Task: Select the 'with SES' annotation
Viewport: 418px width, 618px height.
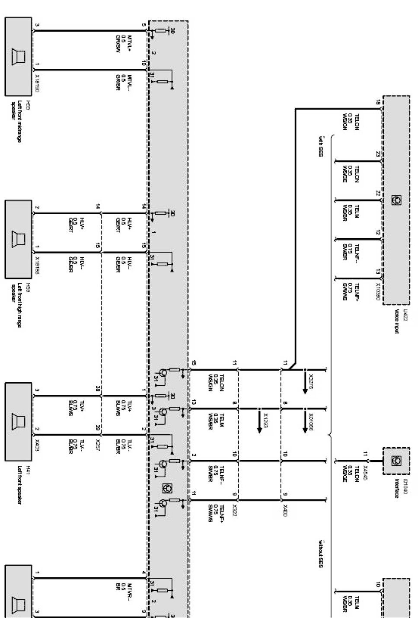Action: click(321, 146)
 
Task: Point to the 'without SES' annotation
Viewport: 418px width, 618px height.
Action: click(321, 554)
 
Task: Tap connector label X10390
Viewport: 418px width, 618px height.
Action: click(378, 292)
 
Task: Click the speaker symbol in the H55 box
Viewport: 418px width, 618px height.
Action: click(19, 56)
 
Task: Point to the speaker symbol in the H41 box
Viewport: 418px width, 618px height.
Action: click(19, 421)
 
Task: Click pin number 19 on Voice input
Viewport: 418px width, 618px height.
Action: click(377, 102)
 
